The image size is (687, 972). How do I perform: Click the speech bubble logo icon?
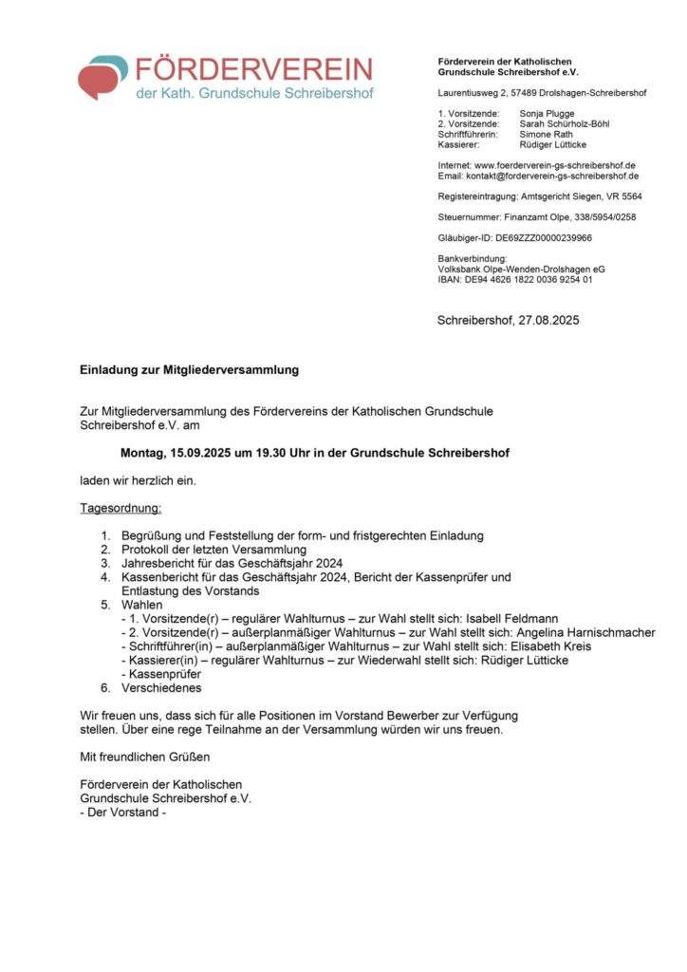click(x=102, y=77)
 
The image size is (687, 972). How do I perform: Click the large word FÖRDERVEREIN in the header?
click(x=254, y=70)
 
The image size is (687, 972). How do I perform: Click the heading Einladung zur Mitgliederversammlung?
click(x=190, y=369)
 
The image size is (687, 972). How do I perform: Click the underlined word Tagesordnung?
click(x=121, y=509)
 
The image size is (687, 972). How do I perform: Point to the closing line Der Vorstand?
click(x=123, y=813)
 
